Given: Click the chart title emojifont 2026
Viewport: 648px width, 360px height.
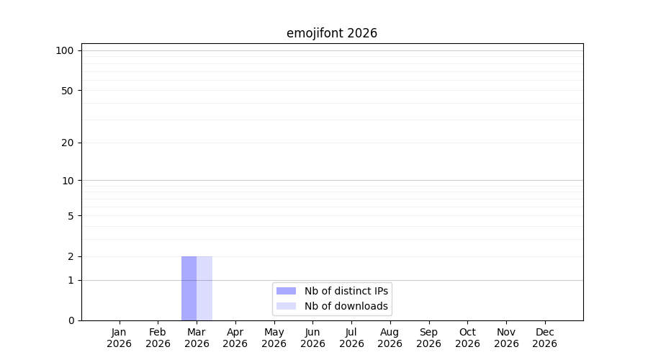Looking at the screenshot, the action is [x=332, y=33].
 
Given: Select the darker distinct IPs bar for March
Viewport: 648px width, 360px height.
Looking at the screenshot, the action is [x=189, y=288].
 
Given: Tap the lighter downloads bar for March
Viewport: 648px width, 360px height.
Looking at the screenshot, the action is [x=204, y=288].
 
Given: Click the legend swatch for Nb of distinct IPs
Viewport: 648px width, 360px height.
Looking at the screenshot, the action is [x=286, y=291].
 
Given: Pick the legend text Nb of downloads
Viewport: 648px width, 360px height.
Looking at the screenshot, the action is [x=346, y=306].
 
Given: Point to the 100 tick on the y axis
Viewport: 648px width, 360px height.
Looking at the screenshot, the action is [x=65, y=51].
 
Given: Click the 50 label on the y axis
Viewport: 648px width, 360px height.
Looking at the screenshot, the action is [x=68, y=91].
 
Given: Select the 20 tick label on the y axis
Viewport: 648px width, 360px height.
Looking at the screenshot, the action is [x=68, y=143].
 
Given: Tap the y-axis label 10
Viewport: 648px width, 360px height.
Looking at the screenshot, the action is [x=68, y=181].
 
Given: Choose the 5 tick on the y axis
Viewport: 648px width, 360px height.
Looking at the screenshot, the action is [x=71, y=216].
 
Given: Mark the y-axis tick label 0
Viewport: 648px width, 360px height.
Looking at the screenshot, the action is [x=71, y=320].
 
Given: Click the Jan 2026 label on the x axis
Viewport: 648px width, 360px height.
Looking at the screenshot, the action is [x=119, y=338].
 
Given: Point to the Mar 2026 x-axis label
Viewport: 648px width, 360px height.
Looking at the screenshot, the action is [x=197, y=338].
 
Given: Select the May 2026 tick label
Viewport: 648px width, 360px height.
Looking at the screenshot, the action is [x=274, y=338].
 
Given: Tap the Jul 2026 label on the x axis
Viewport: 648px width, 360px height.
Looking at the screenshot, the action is [x=351, y=338].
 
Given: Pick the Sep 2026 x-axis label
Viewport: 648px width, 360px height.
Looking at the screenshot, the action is [x=428, y=338].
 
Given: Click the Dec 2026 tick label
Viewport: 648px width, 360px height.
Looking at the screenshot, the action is [x=545, y=338].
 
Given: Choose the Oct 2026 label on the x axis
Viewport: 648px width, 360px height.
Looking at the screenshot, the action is [x=467, y=338].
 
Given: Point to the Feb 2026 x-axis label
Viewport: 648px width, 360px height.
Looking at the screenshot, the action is [x=158, y=338].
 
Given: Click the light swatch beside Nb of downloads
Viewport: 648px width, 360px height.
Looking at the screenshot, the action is [x=286, y=306].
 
